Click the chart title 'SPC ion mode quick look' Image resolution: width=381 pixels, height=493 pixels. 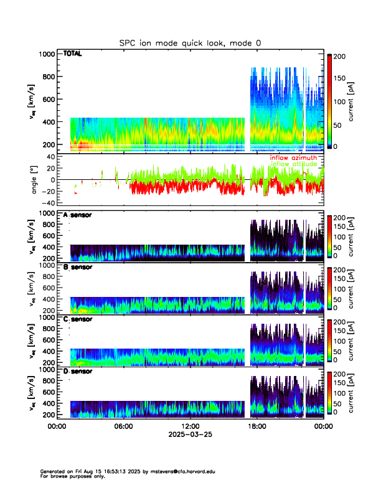[190, 43]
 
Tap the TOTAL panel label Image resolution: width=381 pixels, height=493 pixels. [72, 54]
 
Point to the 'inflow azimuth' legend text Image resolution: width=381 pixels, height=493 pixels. [297, 158]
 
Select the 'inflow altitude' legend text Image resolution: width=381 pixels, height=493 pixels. [298, 164]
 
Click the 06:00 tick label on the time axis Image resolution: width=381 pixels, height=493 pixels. [123, 426]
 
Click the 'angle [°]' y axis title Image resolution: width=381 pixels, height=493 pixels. [35, 180]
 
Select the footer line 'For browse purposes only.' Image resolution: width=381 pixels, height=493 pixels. [72, 476]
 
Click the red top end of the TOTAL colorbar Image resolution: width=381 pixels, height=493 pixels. [330, 57]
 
